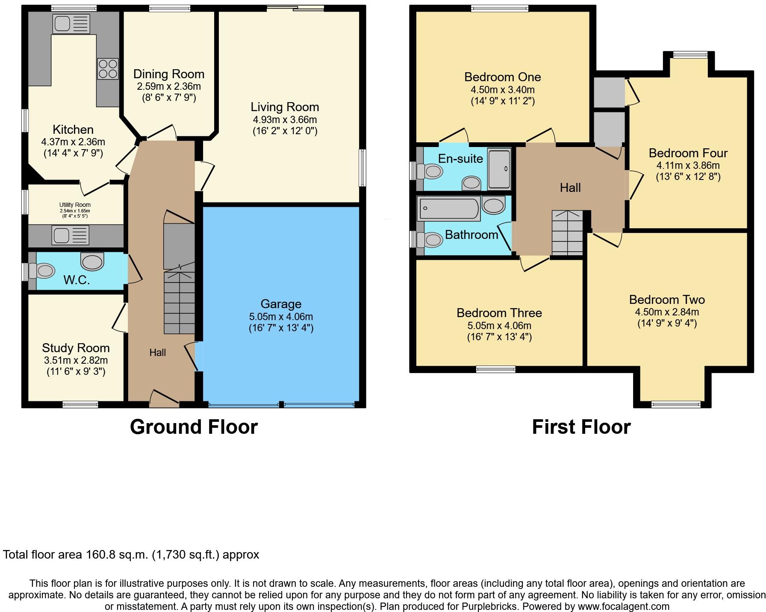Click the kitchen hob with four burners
pyautogui.click(x=108, y=69)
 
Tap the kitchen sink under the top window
pyautogui.click(x=71, y=24)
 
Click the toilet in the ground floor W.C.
pyautogui.click(x=43, y=271)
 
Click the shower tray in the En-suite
pyautogui.click(x=499, y=169)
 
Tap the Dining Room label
pyautogui.click(x=168, y=74)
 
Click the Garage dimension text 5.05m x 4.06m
pyautogui.click(x=281, y=317)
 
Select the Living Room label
pyautogui.click(x=285, y=107)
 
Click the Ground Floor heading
pyautogui.click(x=194, y=427)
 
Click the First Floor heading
pyautogui.click(x=581, y=427)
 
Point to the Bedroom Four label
pyautogui.click(x=688, y=153)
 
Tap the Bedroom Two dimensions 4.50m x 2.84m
pyautogui.click(x=667, y=312)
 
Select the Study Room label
pyautogui.click(x=76, y=348)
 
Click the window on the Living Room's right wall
pyautogui.click(x=362, y=168)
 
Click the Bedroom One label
pyautogui.click(x=502, y=77)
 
